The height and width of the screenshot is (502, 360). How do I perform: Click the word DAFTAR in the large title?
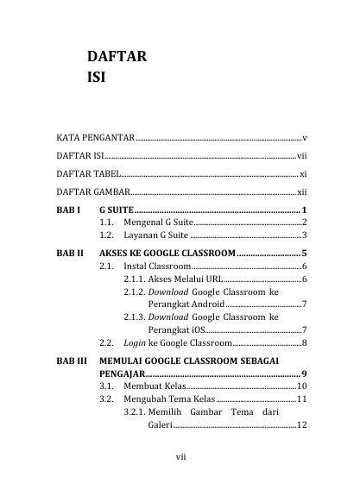[x=116, y=58]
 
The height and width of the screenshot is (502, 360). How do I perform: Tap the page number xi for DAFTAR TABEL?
[x=303, y=174]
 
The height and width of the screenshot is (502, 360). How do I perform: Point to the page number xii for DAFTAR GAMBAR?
[x=301, y=192]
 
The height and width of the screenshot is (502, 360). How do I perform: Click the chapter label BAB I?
[x=68, y=210]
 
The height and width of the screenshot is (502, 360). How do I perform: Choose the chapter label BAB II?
[x=69, y=253]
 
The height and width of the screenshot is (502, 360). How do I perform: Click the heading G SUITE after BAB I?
[x=117, y=210]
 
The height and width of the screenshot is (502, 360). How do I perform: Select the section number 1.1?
[x=107, y=223]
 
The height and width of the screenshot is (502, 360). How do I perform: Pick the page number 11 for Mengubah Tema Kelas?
[x=302, y=400]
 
